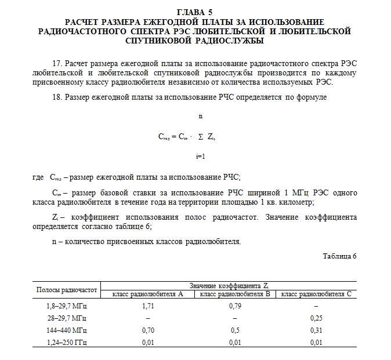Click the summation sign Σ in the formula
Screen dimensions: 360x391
pos(200,137)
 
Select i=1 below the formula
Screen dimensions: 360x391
pos(201,157)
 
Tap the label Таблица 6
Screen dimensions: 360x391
pos(339,256)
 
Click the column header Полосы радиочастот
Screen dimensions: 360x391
pos(66,289)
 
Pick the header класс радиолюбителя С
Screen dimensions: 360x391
pos(316,294)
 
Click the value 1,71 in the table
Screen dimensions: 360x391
pos(147,306)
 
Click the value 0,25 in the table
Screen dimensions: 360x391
pos(316,318)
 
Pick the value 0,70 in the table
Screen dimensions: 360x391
pos(147,330)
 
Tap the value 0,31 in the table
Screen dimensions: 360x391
pos(316,330)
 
